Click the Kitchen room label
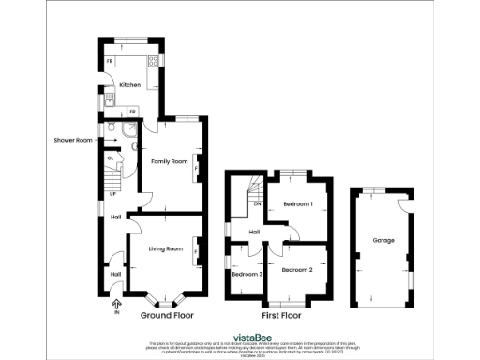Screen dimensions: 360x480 [x=129, y=85]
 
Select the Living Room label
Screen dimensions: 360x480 [x=165, y=247]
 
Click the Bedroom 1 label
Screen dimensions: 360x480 [x=298, y=203]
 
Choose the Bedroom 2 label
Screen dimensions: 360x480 [x=296, y=270]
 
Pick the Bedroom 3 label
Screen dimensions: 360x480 [x=246, y=274]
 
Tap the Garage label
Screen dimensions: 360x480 [x=382, y=241]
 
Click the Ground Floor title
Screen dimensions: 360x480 [x=166, y=316]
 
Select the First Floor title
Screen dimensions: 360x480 [x=281, y=316]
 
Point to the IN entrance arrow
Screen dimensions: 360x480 [x=116, y=305]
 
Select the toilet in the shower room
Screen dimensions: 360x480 [x=111, y=130]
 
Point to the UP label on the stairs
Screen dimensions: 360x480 [x=114, y=194]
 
